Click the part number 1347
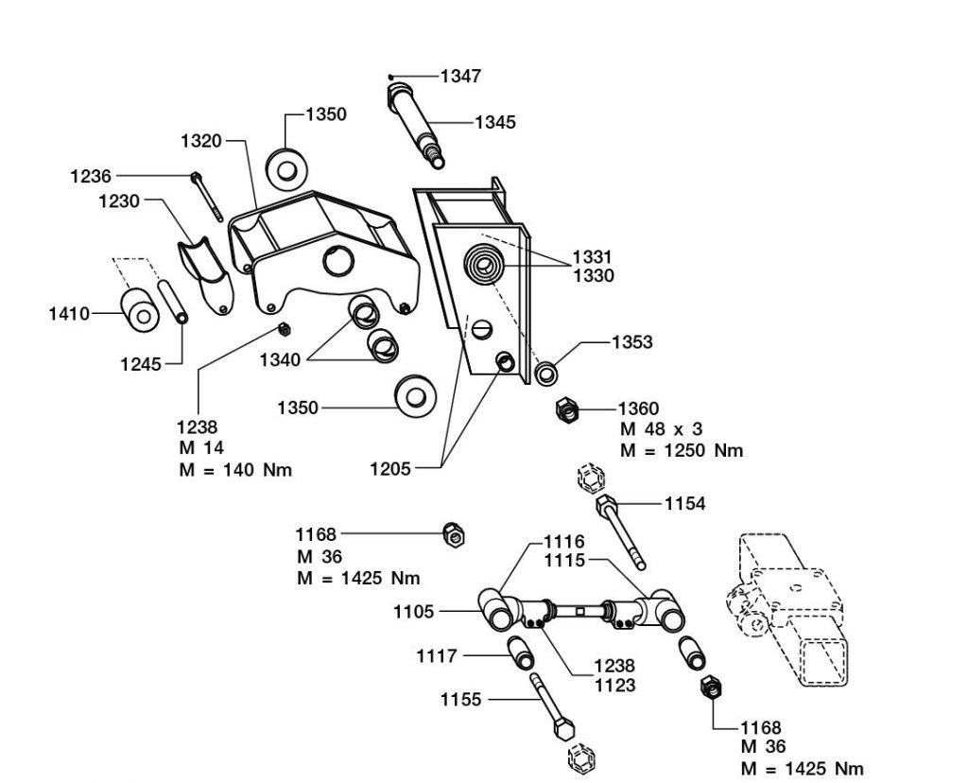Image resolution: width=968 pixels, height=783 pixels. pos(460,76)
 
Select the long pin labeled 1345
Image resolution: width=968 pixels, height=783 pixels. pos(415,126)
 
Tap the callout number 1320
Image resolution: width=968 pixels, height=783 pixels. pos(200,141)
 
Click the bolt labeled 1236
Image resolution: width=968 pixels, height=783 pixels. pos(207,197)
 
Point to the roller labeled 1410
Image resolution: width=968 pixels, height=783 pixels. pos(140,310)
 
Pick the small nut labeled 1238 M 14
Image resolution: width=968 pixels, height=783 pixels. pos(284,328)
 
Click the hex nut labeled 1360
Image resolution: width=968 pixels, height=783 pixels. pos(567,409)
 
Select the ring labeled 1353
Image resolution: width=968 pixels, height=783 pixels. pos(546,374)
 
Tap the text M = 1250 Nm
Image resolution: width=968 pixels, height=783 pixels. pos(682,451)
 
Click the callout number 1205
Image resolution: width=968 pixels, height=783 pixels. pos(390,469)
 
